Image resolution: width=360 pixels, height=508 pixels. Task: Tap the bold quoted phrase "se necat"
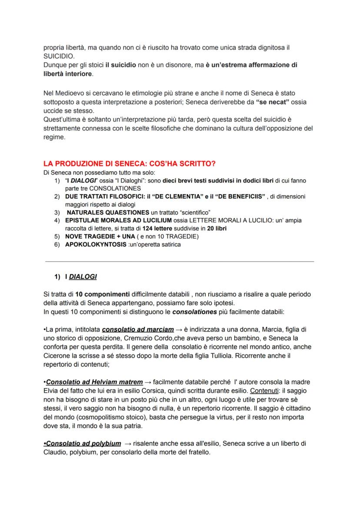271,102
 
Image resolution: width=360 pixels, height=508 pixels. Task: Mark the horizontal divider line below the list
180,262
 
